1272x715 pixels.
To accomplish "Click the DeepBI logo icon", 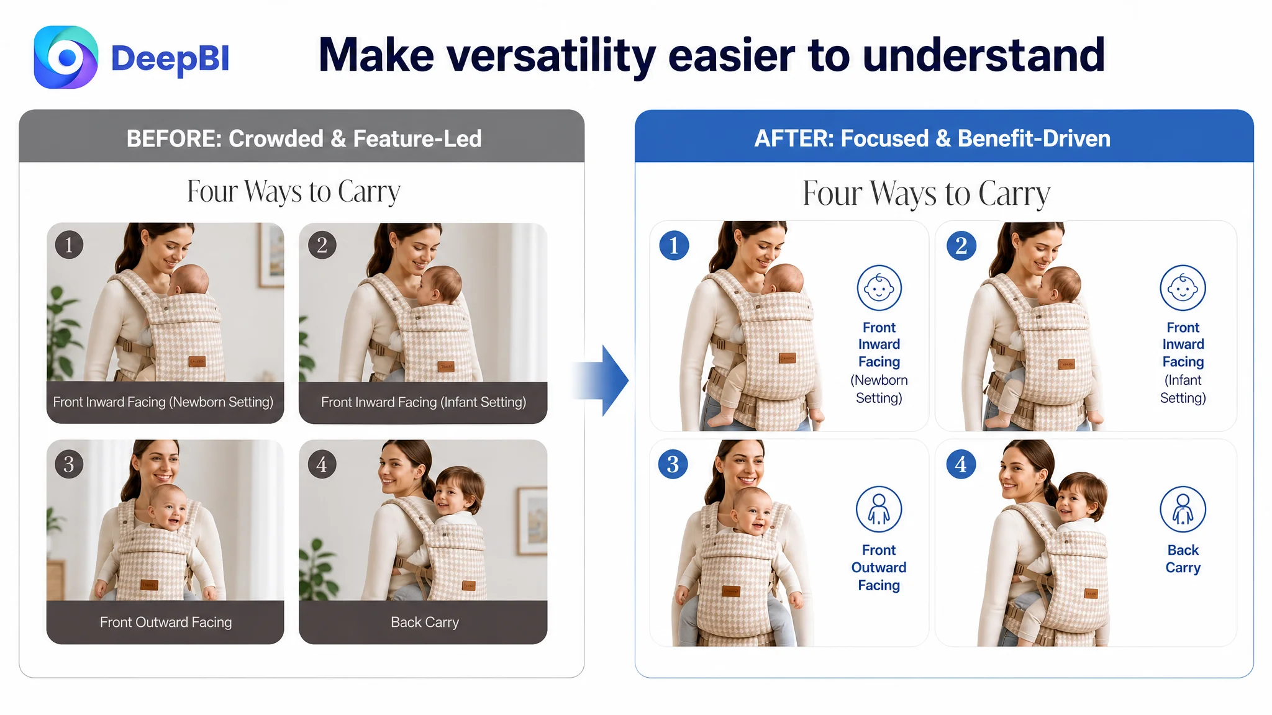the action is (66, 57).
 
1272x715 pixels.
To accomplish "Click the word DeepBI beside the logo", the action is (170, 58).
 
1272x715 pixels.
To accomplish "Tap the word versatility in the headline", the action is (552, 56).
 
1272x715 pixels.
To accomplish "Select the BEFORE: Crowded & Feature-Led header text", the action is (304, 138).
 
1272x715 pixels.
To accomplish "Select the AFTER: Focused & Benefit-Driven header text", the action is (932, 138).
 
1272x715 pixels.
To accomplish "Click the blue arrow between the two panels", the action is (601, 380).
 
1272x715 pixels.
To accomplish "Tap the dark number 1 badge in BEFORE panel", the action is (69, 245).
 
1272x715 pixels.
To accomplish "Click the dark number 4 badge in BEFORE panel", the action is (322, 464).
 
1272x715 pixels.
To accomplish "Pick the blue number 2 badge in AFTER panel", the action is (961, 245).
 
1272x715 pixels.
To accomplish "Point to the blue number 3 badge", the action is (673, 464).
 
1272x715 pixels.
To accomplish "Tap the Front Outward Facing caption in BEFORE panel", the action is (165, 622).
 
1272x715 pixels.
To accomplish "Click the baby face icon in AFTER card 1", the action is (879, 288).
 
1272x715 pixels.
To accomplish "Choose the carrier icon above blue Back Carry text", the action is (1183, 509).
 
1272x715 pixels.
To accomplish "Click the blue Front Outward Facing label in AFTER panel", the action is (879, 567).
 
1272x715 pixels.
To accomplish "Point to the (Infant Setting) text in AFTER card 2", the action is (1183, 389).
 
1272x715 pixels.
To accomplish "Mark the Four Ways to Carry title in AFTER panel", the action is (926, 194).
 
